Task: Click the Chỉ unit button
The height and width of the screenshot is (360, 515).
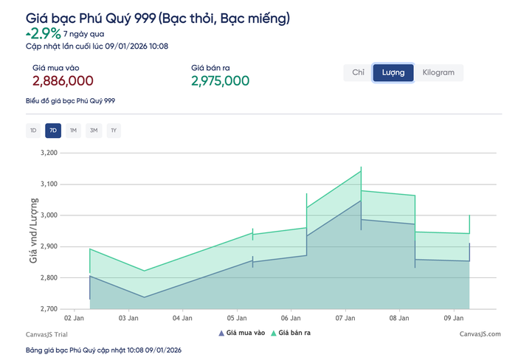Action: pos(359,72)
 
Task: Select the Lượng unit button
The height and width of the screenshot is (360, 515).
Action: pos(393,72)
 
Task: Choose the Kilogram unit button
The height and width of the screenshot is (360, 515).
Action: pos(438,72)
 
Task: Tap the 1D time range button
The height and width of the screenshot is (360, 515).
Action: pos(32,131)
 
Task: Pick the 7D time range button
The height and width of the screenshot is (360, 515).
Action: pos(52,131)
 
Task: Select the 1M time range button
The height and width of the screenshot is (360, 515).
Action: pos(73,131)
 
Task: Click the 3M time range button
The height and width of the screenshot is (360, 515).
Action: pos(93,131)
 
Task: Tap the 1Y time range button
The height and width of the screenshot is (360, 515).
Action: pos(114,131)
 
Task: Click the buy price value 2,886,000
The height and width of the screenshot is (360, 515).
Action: pos(63,81)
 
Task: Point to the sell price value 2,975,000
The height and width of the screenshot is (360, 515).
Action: pos(220,81)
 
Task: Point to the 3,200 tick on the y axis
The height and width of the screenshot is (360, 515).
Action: pos(47,153)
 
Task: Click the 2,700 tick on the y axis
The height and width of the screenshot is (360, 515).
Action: pos(47,309)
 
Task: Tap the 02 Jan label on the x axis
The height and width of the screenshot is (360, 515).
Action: pos(75,318)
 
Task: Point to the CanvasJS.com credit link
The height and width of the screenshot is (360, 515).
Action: pos(480,334)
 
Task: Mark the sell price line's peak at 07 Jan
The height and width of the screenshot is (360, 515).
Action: pos(361,170)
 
